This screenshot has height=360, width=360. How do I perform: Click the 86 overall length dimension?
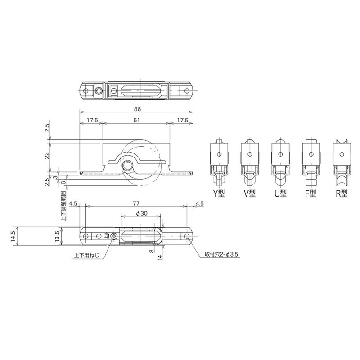(137, 109)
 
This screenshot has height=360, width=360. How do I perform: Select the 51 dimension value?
(136, 120)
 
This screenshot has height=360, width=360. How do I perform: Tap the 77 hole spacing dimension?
(136, 203)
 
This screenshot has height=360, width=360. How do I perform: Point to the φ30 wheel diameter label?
(141, 213)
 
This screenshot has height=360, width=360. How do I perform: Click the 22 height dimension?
(47, 156)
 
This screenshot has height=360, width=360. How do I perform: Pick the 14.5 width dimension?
(13, 236)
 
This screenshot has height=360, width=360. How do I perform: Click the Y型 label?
(218, 194)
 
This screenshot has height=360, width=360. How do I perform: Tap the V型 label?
(250, 194)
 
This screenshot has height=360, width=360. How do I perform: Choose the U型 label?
(280, 194)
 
